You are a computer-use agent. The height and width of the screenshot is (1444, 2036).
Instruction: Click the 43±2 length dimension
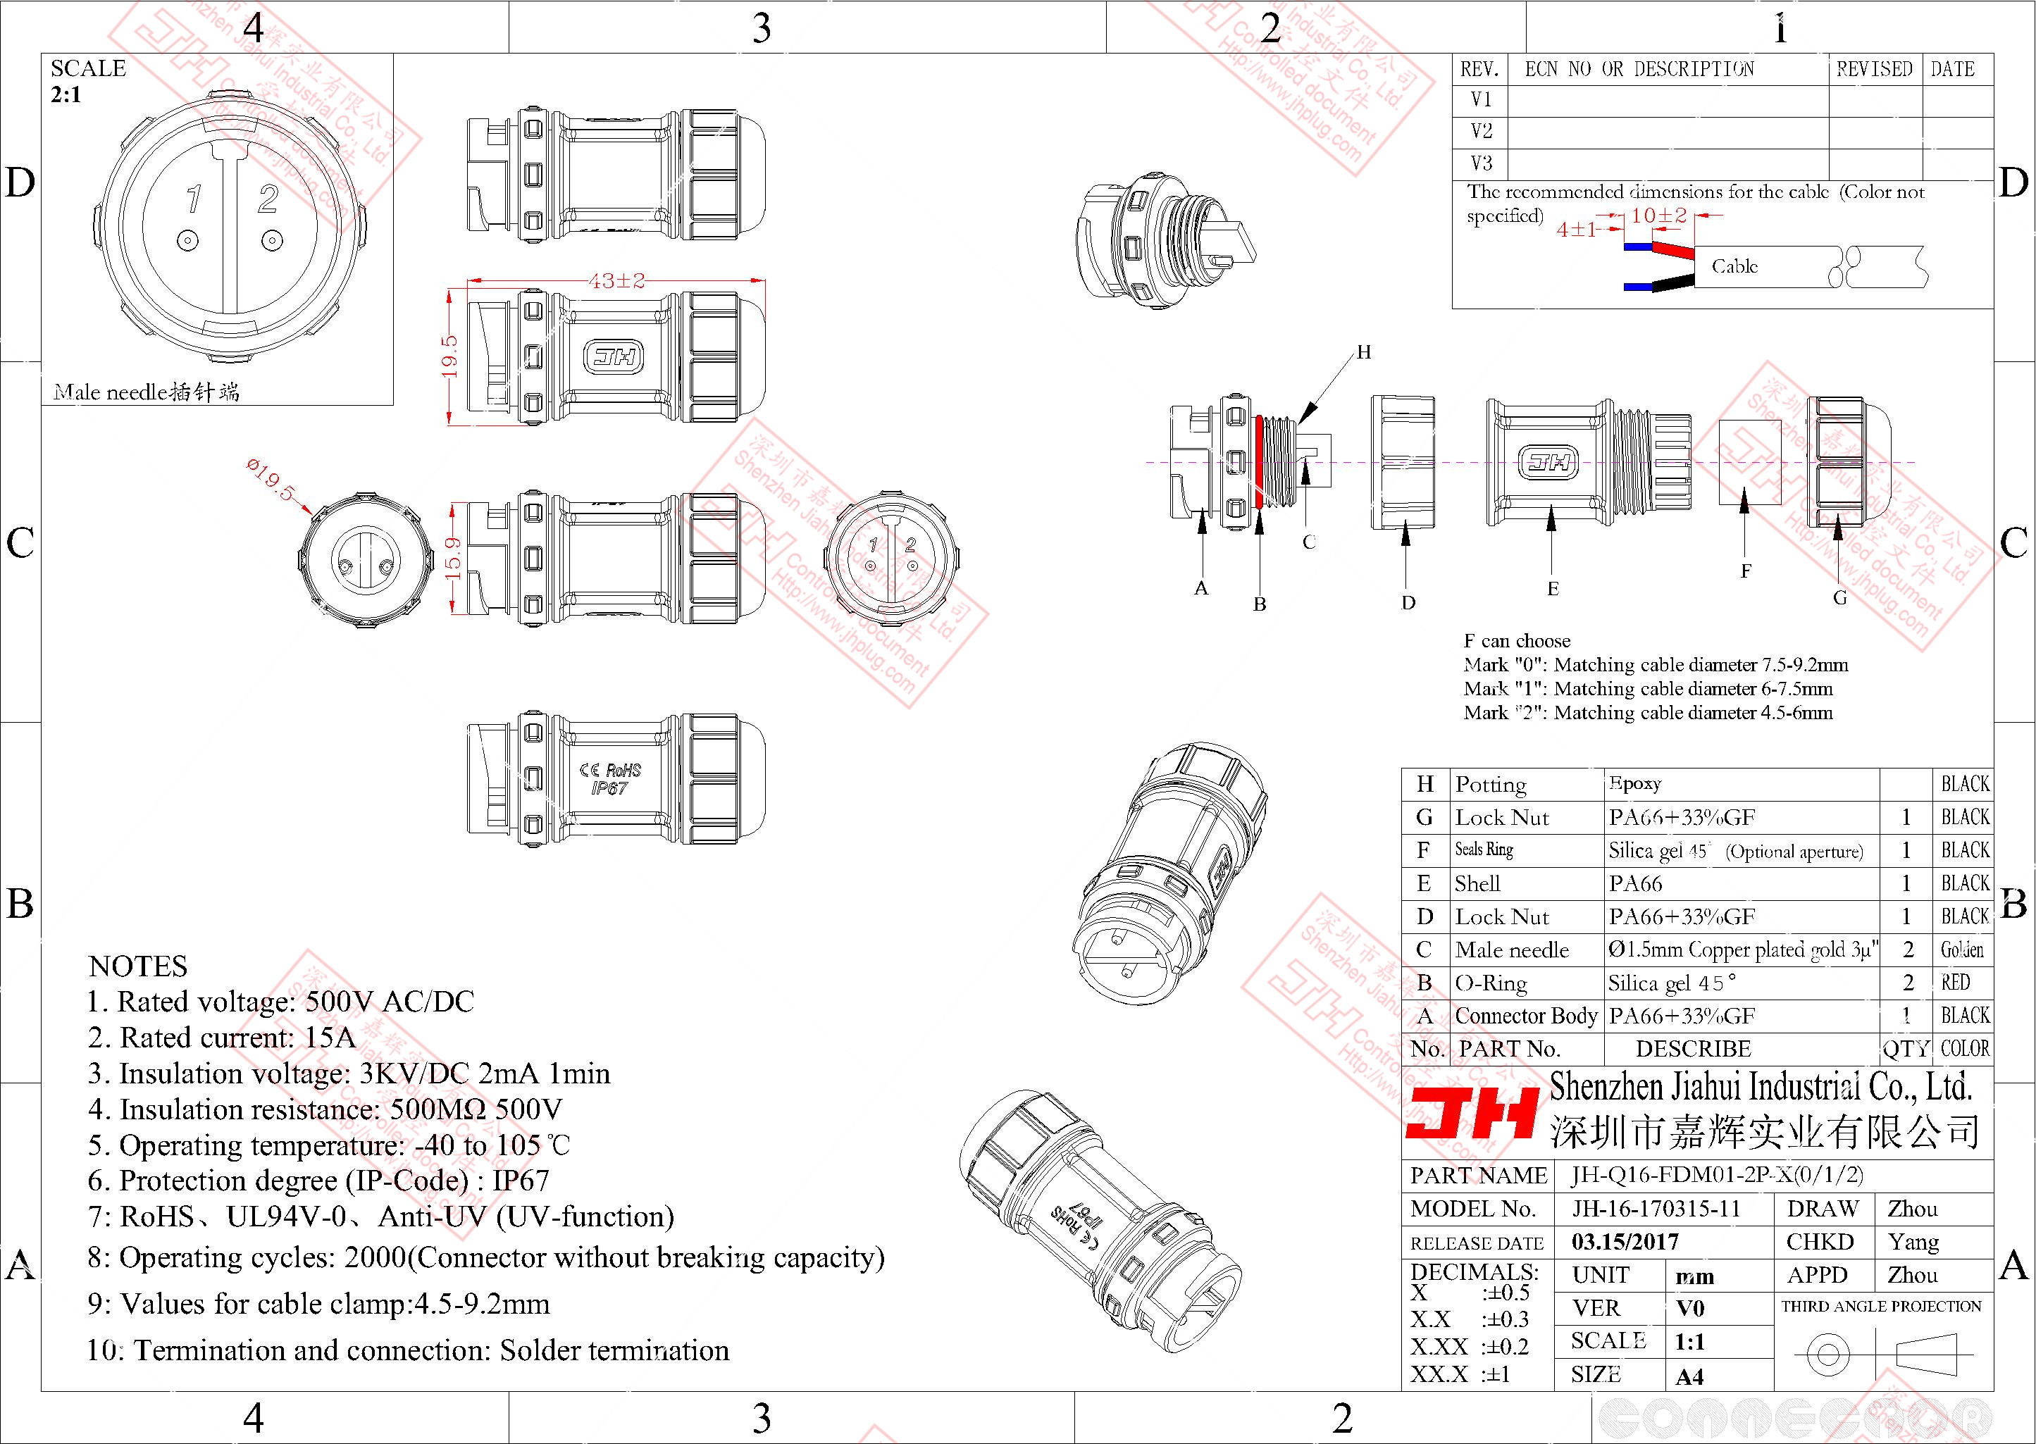[617, 281]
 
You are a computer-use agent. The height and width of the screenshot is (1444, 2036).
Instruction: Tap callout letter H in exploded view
[1364, 353]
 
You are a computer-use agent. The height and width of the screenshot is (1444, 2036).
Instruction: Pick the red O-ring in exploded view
[1261, 461]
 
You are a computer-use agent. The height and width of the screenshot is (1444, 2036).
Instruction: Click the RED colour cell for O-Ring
[1955, 983]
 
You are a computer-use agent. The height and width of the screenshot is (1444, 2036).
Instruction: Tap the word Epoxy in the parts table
[1635, 783]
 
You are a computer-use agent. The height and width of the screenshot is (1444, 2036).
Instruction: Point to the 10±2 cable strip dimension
[1658, 215]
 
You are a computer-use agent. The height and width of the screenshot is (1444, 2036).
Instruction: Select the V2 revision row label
[1482, 132]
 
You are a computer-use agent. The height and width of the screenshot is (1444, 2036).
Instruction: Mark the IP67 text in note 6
[521, 1181]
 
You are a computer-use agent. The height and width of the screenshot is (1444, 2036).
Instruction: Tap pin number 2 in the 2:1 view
[268, 199]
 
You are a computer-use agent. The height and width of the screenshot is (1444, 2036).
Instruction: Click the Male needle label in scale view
[147, 391]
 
